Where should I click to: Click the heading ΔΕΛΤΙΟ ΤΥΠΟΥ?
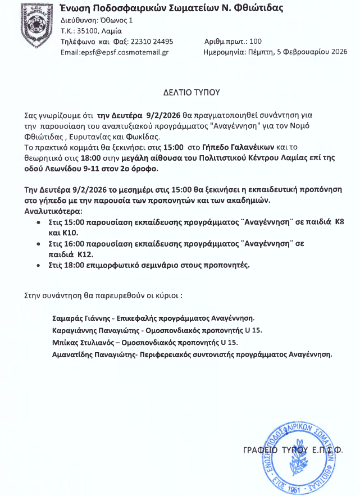point(192,92)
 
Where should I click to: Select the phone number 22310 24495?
point(152,42)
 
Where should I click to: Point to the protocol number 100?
point(256,42)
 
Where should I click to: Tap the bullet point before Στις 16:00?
point(38,245)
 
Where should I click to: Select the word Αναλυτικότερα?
point(52,212)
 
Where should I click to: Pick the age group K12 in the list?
point(85,254)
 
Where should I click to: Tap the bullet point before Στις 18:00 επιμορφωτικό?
point(38,264)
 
